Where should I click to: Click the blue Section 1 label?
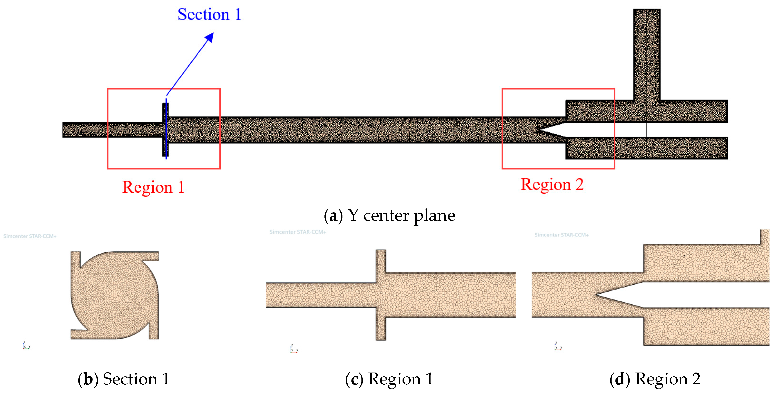[209, 15]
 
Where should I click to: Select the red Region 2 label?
[552, 185]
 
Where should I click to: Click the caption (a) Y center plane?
[389, 215]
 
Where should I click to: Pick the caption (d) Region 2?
[655, 379]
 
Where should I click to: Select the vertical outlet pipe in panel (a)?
[647, 54]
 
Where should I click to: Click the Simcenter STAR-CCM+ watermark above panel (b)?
[30, 236]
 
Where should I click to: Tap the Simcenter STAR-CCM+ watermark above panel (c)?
[298, 232]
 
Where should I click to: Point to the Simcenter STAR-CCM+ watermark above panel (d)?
[561, 235]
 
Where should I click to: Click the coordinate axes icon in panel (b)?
[26, 346]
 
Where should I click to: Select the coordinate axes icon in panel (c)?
[294, 349]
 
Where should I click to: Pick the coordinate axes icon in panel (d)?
[558, 347]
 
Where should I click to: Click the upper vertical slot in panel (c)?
[381, 261]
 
